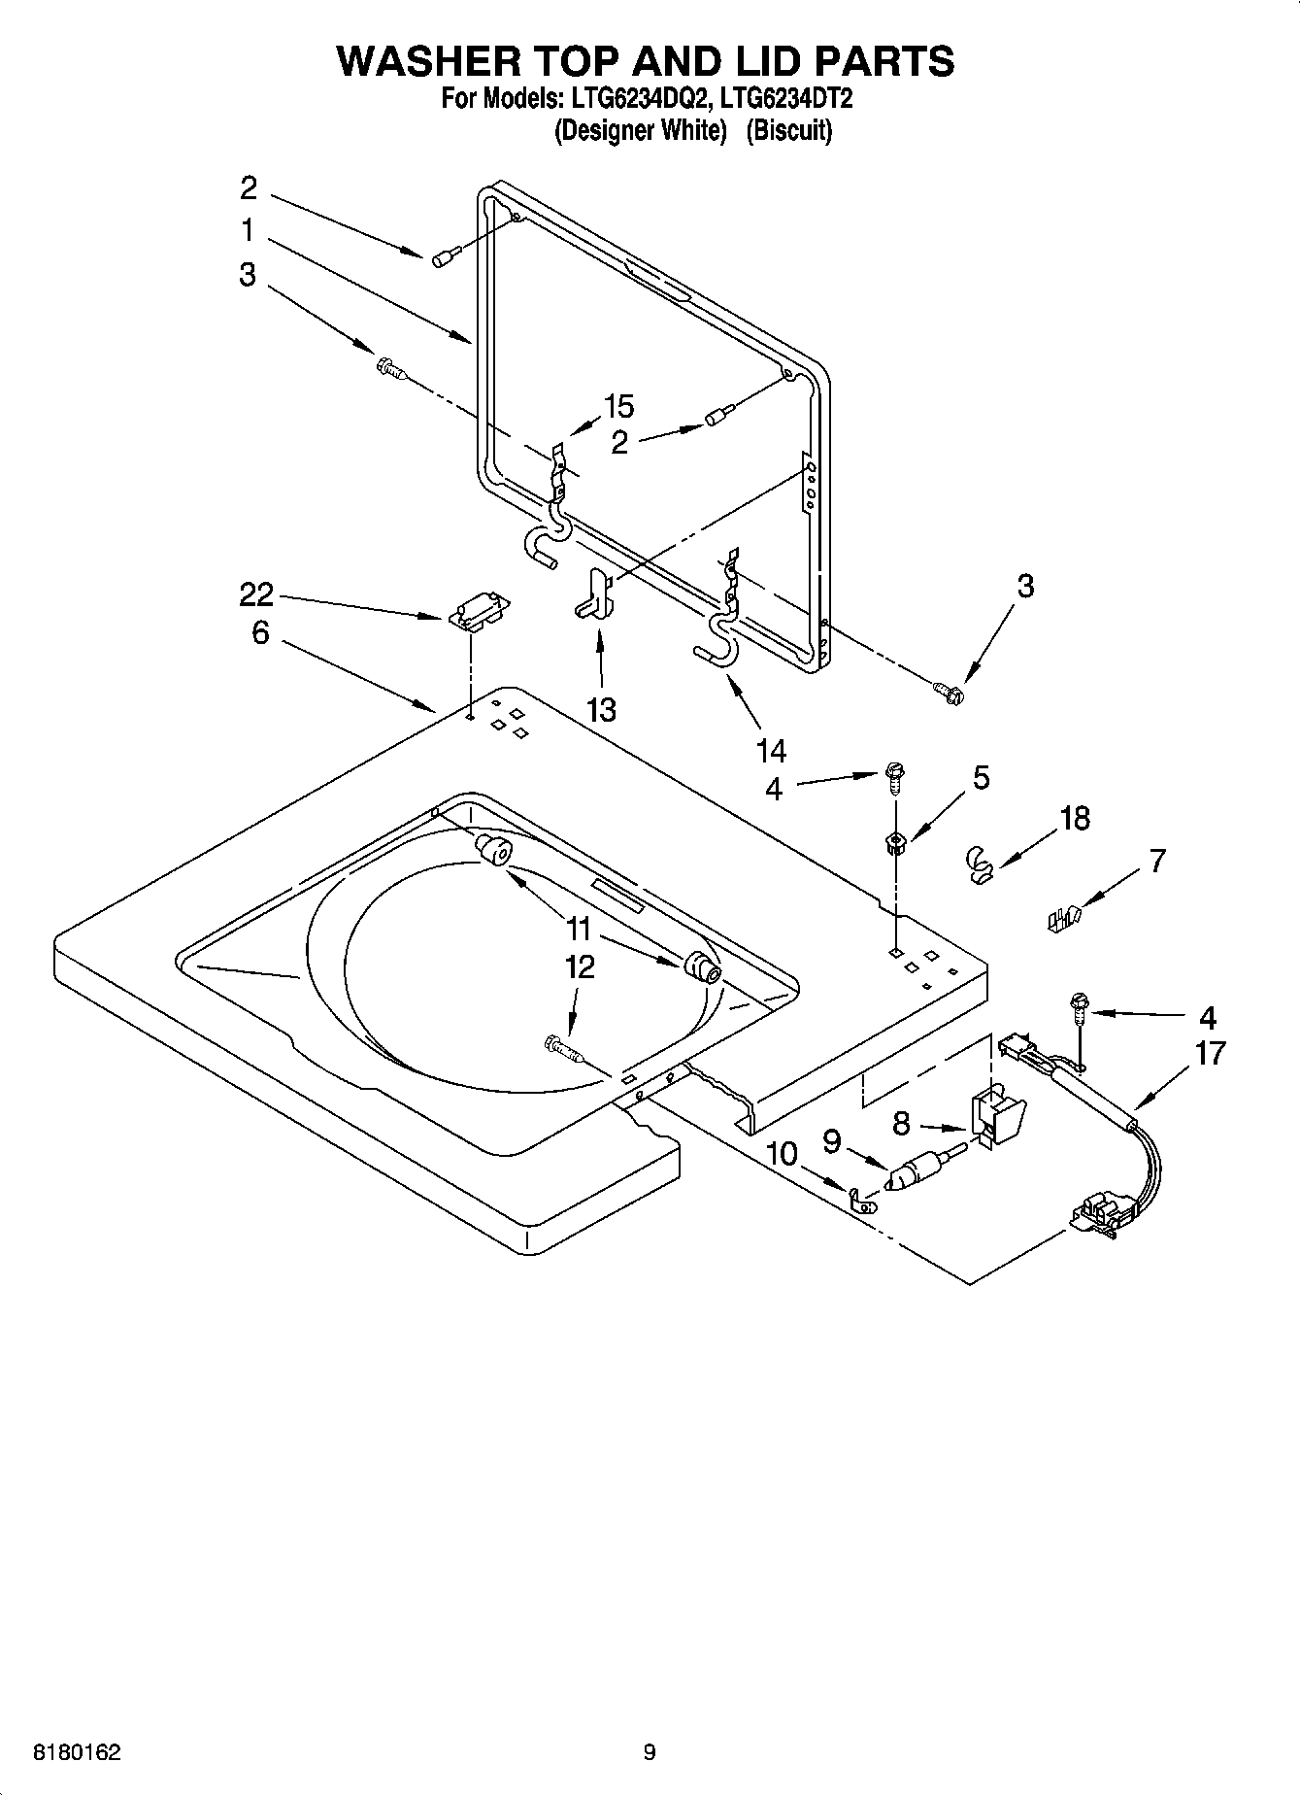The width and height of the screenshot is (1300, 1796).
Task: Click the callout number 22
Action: click(257, 593)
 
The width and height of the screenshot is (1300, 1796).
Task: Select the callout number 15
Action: click(618, 406)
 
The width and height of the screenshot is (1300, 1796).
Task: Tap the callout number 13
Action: click(601, 709)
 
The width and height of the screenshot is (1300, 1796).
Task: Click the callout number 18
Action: click(1075, 819)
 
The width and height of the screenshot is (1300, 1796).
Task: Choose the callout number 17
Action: click(1210, 1053)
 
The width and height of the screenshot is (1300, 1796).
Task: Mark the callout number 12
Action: click(580, 967)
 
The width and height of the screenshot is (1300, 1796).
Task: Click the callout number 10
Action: click(782, 1154)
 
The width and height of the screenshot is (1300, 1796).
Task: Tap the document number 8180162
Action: click(77, 1753)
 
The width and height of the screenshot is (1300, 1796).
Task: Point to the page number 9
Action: click(649, 1753)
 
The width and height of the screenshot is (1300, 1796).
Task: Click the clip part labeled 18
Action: click(982, 863)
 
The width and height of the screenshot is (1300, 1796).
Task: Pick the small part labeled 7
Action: click(1063, 917)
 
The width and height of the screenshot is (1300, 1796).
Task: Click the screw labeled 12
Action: click(563, 1048)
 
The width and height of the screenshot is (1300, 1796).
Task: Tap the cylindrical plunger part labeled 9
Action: click(917, 1170)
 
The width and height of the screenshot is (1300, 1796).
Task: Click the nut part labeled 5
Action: click(895, 842)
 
